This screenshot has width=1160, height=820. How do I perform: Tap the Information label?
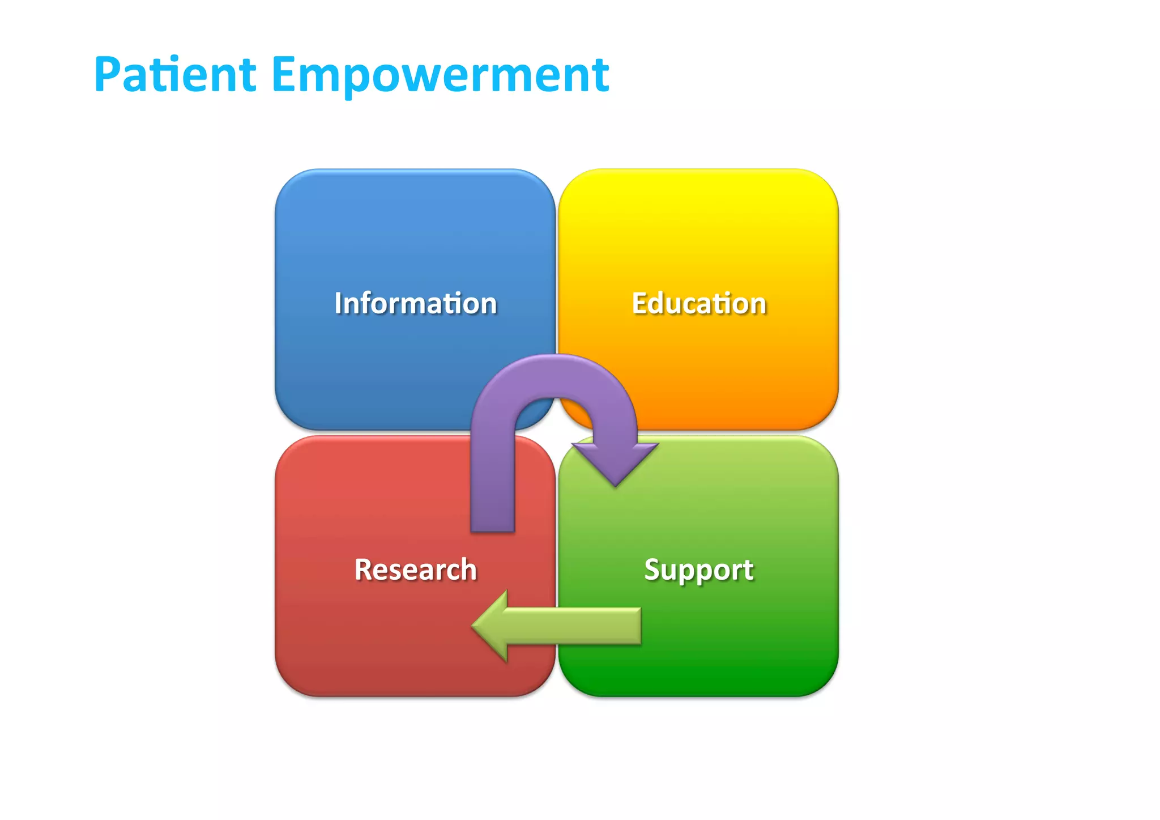coord(415,303)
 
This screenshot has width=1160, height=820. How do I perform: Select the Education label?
coord(699,303)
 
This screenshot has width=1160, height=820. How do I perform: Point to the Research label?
coord(415,570)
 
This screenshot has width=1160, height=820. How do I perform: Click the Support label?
coord(699,570)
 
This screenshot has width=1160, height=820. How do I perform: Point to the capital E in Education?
coord(640,303)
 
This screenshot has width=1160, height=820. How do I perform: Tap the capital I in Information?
coord(338,303)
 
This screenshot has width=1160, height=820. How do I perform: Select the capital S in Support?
coord(654,570)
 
